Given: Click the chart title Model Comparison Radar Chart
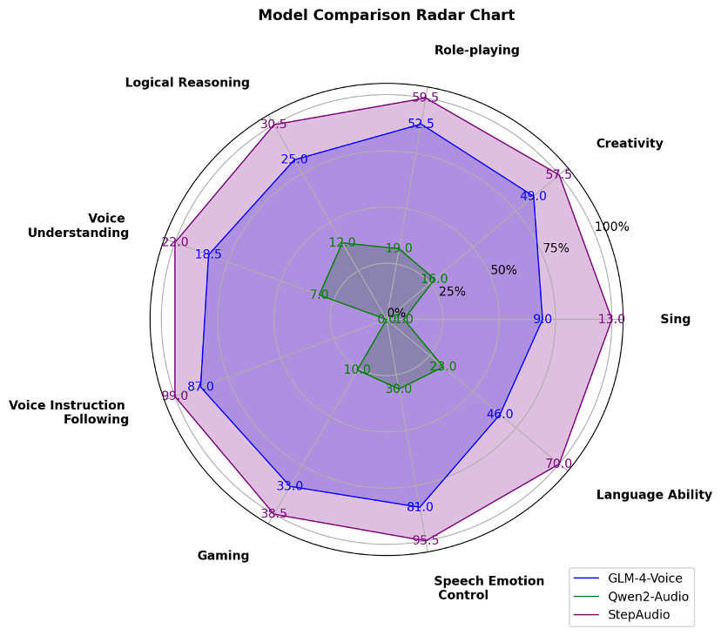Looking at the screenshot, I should pyautogui.click(x=386, y=15).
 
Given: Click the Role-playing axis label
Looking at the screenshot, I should pyautogui.click(x=476, y=51).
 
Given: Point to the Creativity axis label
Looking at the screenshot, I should pyautogui.click(x=630, y=144).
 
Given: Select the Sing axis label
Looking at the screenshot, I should pyautogui.click(x=675, y=319).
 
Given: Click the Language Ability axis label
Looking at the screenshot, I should pyautogui.click(x=654, y=495).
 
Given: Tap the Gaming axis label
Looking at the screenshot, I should pyautogui.click(x=223, y=556).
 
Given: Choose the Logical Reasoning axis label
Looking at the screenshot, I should pyautogui.click(x=187, y=83).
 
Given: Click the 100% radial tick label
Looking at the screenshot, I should pyautogui.click(x=611, y=227).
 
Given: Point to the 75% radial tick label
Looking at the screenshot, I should pyautogui.click(x=556, y=248).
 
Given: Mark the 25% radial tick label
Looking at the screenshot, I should pyautogui.click(x=452, y=292).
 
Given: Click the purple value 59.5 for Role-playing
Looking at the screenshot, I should pyautogui.click(x=425, y=97).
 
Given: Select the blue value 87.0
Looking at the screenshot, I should pyautogui.click(x=200, y=387).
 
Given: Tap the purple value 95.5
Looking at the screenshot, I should pyautogui.click(x=426, y=540).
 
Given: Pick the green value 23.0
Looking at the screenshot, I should pyautogui.click(x=443, y=367).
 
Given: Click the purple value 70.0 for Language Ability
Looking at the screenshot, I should pyautogui.click(x=559, y=463).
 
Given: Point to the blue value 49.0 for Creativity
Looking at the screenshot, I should pyautogui.click(x=533, y=196).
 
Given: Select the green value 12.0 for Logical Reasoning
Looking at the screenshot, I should pyautogui.click(x=342, y=242).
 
